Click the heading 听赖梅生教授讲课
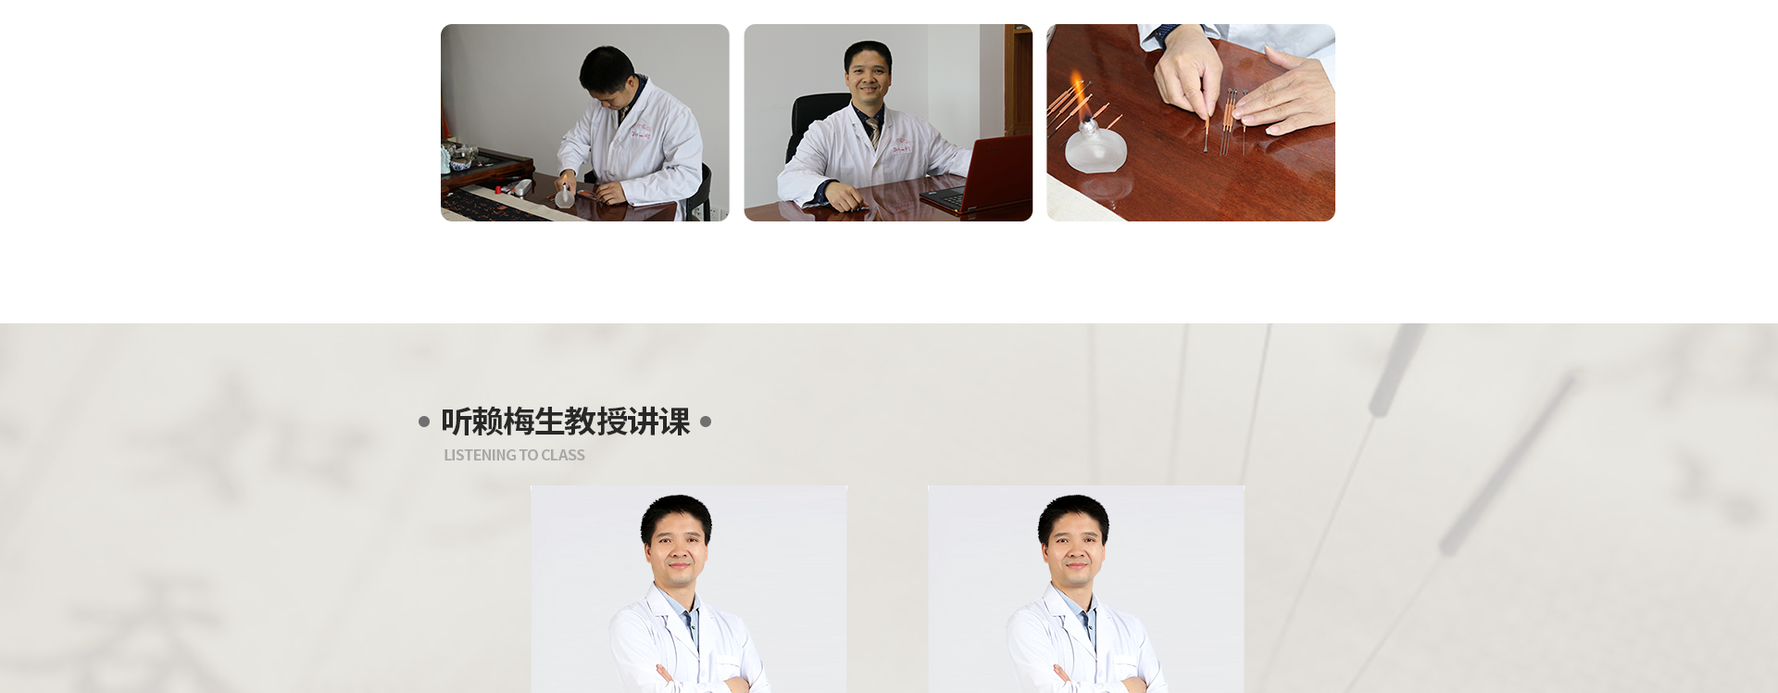coord(565,422)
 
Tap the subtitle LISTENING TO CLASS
coord(514,455)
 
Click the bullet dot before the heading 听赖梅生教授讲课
coord(424,422)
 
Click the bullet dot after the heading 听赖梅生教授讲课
coord(706,422)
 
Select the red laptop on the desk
coord(980,176)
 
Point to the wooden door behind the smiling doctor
coord(1019,83)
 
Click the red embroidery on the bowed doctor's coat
coord(642,130)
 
